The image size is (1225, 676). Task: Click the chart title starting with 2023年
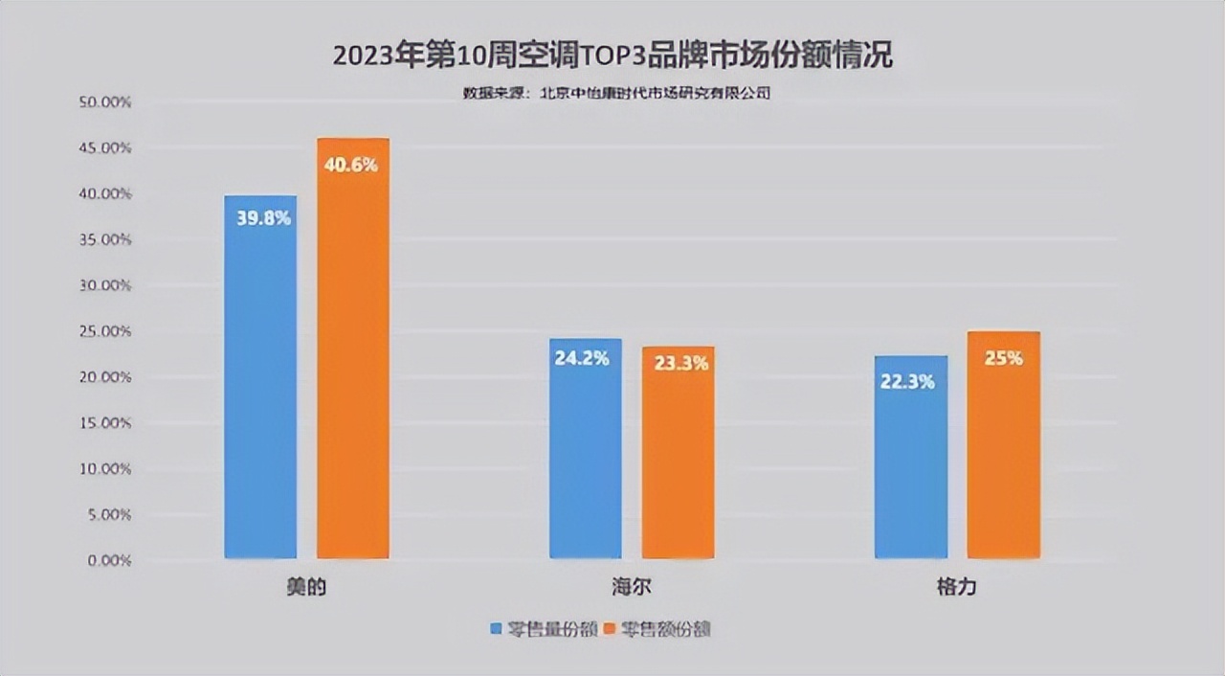coord(612,56)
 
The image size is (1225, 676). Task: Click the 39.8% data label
coord(263,218)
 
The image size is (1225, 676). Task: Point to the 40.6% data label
coord(351,165)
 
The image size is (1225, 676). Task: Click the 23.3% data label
coord(681,364)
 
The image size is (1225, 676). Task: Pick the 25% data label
coord(1004,358)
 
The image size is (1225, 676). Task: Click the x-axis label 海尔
coord(631,587)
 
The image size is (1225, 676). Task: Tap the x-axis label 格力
coord(956,587)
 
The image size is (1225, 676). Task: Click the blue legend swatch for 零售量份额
coord(496,629)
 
